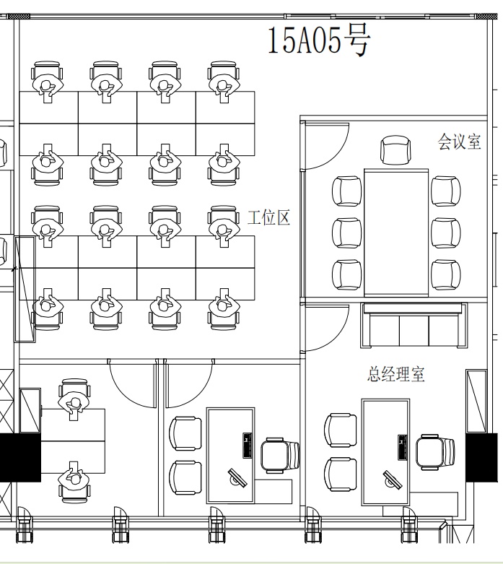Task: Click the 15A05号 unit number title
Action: coord(318,40)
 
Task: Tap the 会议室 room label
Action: coord(459,142)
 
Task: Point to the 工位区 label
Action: coord(269,217)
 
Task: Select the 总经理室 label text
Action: coord(396,374)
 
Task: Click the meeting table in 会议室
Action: coord(396,233)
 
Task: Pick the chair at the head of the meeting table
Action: coord(396,150)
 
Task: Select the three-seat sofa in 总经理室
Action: coord(414,326)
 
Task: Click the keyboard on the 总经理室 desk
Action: coord(403,447)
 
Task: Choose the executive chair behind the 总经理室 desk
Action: coord(436,453)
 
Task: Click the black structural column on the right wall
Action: coord(477,458)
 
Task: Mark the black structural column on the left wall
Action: coord(20,458)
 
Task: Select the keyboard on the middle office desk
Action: coord(248,446)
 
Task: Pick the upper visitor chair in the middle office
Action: coord(185,433)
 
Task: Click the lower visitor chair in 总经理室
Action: coord(341,474)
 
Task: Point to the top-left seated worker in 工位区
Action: coord(47,82)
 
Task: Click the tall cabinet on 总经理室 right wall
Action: coord(476,401)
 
